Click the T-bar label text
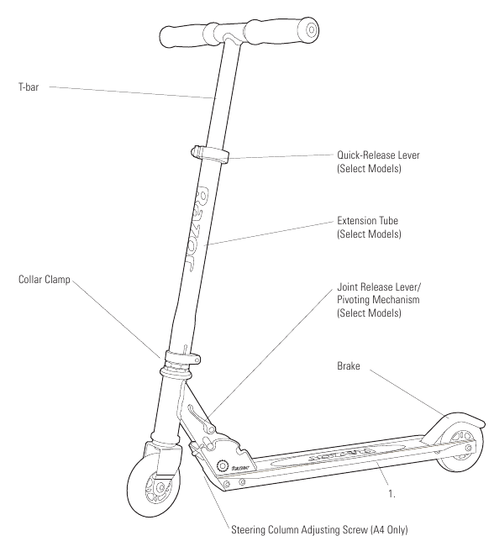29,87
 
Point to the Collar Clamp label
45,279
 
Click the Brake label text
349,365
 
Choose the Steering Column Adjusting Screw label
319,529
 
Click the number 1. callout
392,494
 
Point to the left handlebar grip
182,36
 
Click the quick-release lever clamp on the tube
209,154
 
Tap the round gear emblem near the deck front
223,465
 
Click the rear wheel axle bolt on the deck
469,449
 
